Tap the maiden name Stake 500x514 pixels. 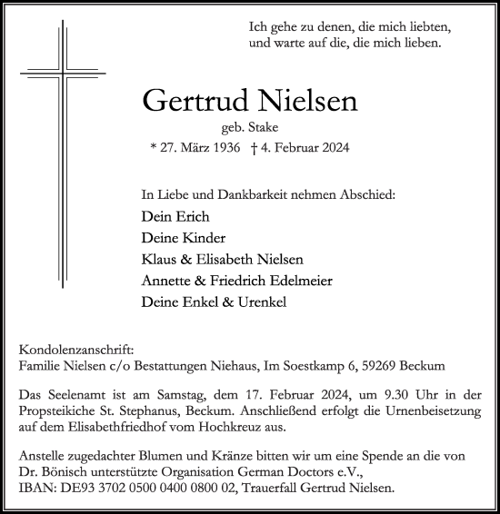pyautogui.click(x=263, y=128)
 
